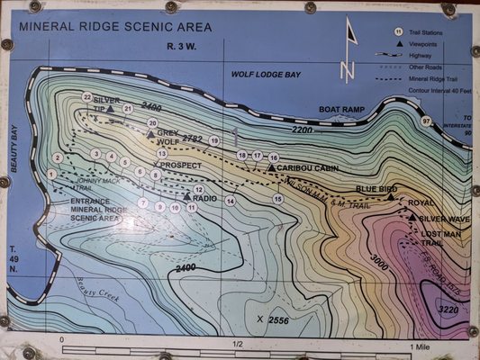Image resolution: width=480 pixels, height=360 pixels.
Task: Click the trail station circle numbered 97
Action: point(426,121)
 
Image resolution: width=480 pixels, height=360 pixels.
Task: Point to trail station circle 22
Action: point(87,96)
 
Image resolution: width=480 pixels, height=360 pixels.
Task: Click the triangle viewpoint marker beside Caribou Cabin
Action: point(271,167)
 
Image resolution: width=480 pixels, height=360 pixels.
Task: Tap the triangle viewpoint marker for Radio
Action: point(186,196)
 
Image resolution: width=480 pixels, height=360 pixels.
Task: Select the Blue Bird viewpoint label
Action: point(376,189)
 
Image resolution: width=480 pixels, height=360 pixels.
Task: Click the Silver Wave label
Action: point(444,219)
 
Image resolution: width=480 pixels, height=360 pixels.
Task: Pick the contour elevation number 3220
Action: point(448,309)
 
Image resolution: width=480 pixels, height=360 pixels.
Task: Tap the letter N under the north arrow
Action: point(347,68)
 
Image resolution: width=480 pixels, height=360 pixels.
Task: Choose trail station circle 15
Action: point(278,198)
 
